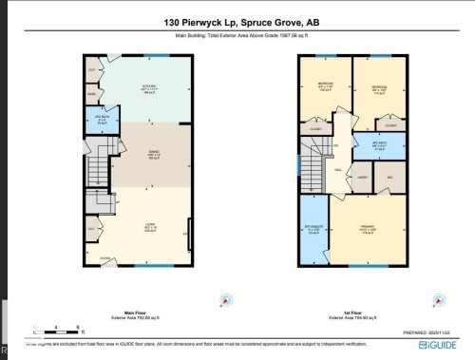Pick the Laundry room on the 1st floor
click(x=362, y=177)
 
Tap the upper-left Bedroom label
click(x=325, y=87)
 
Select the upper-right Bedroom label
click(x=379, y=88)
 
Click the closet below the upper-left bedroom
click(x=313, y=125)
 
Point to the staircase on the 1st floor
click(x=313, y=157)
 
